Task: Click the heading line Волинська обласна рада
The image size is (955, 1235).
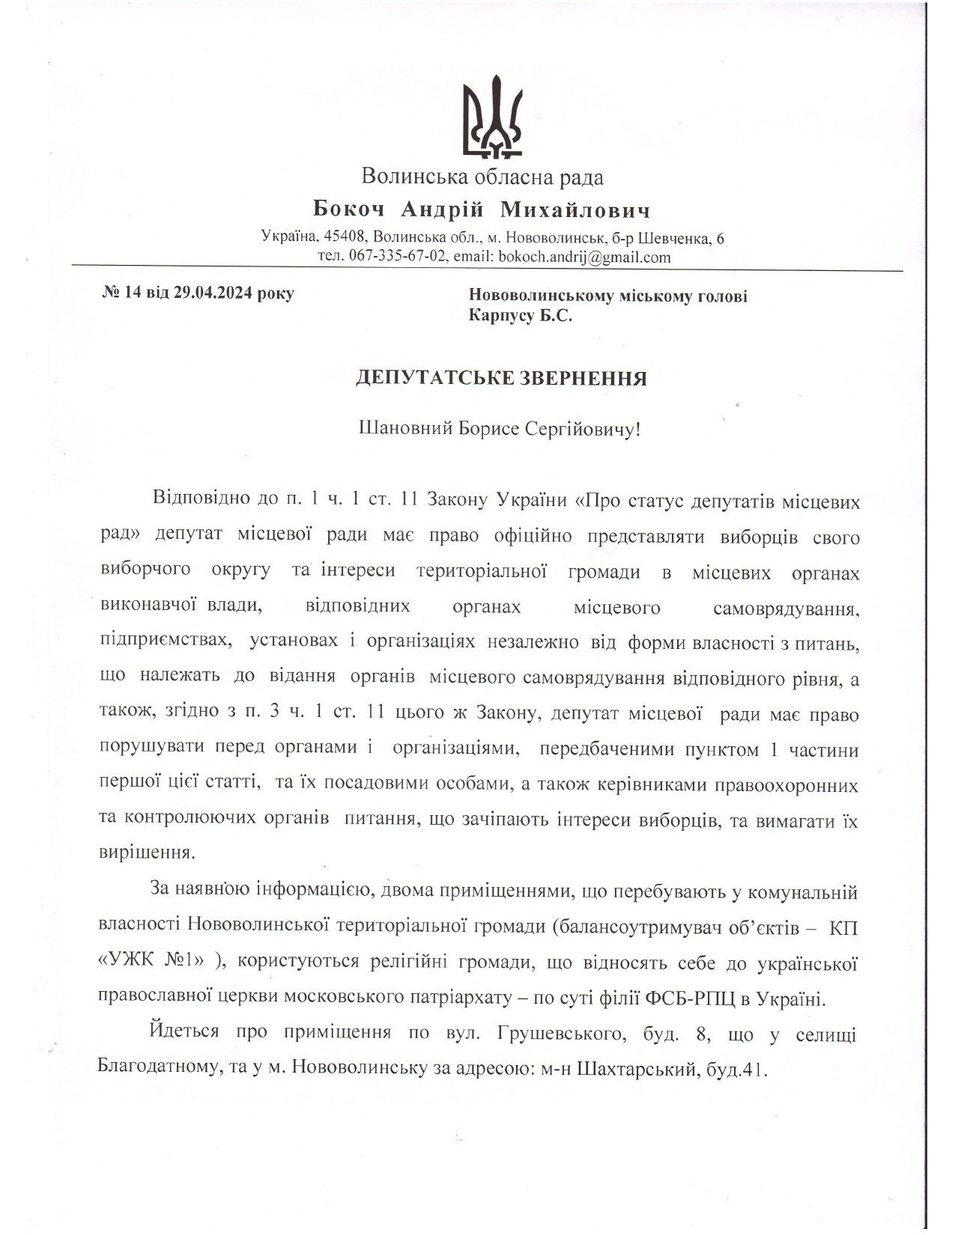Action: coord(482,177)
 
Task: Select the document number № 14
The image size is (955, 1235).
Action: coord(121,293)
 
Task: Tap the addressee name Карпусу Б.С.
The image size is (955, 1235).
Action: coord(521,316)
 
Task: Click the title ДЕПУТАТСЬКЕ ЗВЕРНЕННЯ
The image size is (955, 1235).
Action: coord(500,378)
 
